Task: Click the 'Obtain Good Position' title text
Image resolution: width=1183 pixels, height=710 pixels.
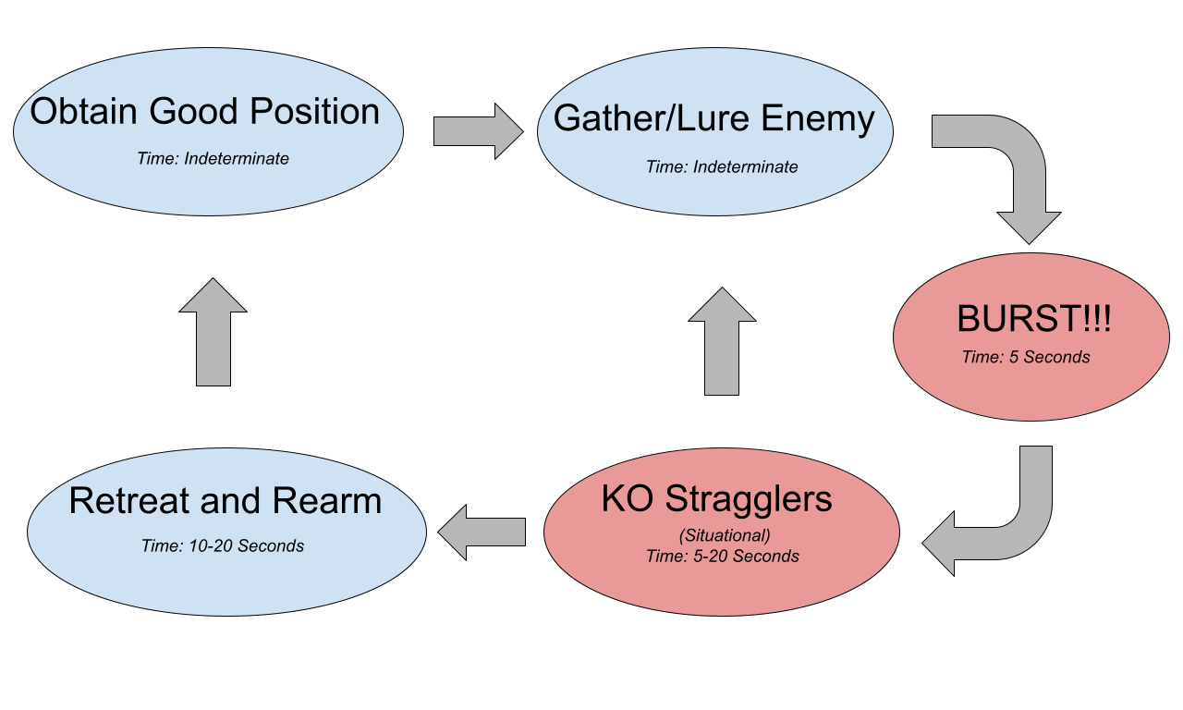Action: click(x=205, y=112)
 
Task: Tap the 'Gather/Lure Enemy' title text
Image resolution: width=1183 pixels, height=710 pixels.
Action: click(x=713, y=119)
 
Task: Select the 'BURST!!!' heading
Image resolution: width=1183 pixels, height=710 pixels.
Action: click(x=1033, y=319)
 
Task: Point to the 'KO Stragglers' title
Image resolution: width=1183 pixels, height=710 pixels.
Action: click(x=716, y=498)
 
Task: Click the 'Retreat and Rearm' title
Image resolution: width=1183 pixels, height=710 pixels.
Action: click(x=225, y=501)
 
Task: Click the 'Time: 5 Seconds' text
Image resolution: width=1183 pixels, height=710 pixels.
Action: click(x=1026, y=357)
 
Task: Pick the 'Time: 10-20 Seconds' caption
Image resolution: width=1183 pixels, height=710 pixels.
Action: click(x=223, y=546)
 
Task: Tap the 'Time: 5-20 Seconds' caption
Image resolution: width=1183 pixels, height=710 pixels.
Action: click(x=723, y=557)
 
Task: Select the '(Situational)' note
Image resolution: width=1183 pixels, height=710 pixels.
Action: click(x=725, y=535)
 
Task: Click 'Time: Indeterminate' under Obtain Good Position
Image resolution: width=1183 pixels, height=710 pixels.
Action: click(x=213, y=159)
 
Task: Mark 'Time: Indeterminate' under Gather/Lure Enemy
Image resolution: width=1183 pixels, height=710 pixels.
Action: click(x=722, y=167)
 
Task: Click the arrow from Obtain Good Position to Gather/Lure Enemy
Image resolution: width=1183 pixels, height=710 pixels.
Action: click(x=478, y=131)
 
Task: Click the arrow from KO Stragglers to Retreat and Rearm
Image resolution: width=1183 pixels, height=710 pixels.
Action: click(x=482, y=532)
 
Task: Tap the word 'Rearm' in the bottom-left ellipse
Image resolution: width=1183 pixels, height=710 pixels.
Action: click(x=333, y=501)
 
